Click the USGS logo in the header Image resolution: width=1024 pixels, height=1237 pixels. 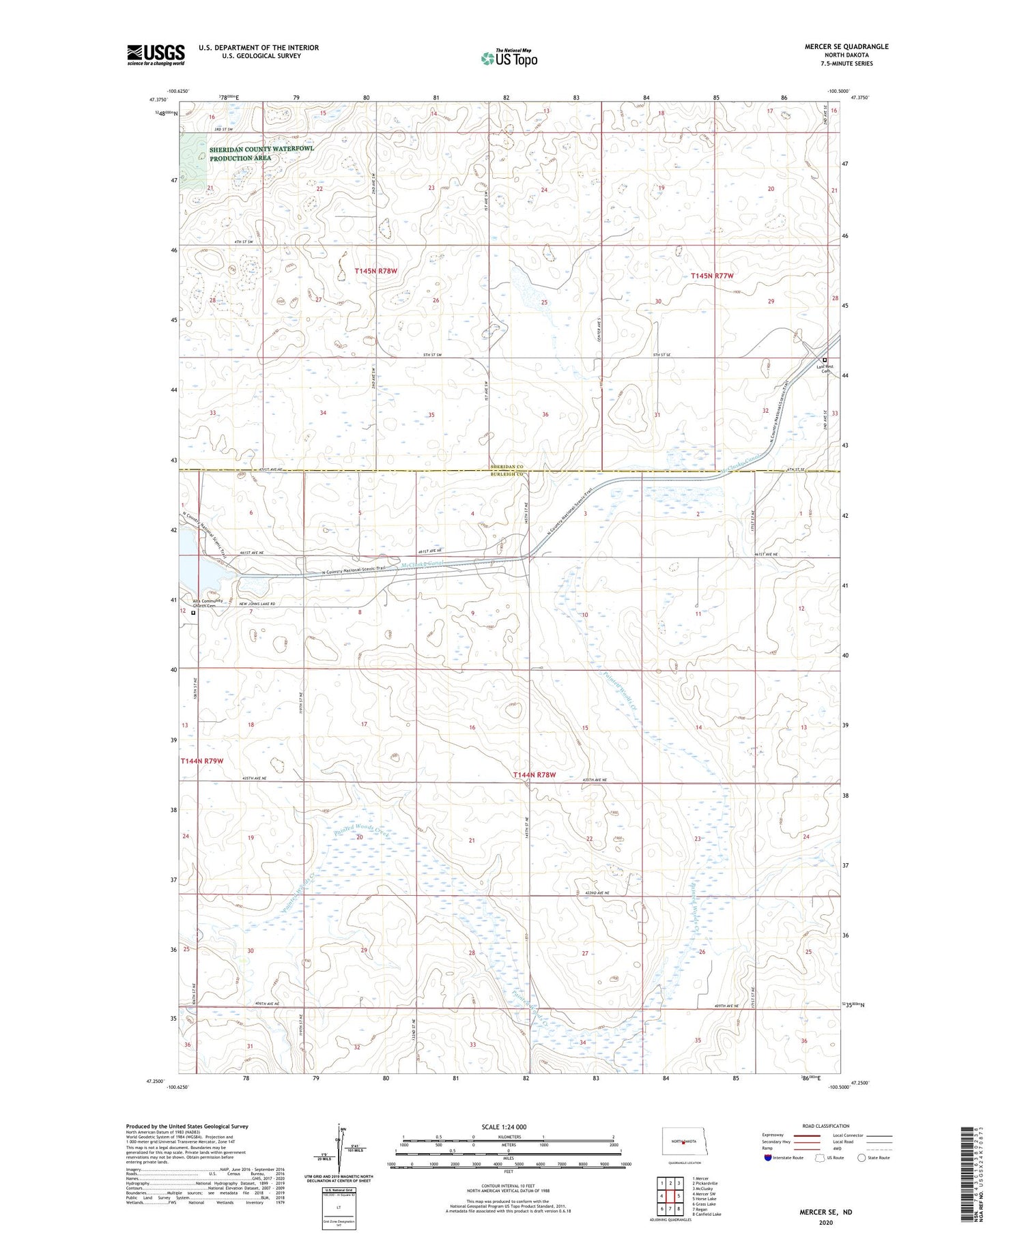pos(156,55)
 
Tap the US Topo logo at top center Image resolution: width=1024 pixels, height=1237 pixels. pos(509,59)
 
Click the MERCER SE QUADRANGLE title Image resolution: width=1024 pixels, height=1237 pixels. pos(847,46)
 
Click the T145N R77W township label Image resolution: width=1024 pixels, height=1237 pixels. pos(711,276)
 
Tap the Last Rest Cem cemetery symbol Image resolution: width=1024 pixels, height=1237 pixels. pos(824,360)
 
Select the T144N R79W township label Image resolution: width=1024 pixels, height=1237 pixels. pos(202,761)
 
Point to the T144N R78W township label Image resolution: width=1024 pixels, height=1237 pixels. pos(535,775)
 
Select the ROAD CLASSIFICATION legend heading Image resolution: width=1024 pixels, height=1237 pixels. pos(826,1126)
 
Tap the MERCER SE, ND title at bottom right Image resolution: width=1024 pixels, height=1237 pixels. pos(825,1212)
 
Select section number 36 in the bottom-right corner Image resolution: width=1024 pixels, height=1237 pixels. pos(803,1040)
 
